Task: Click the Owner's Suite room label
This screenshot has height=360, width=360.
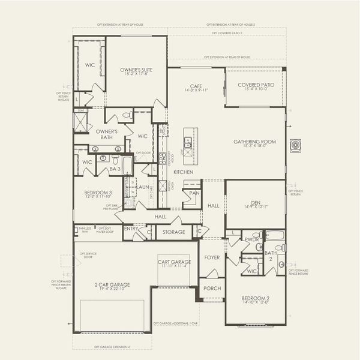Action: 136,70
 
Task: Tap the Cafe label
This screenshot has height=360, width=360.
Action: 196,87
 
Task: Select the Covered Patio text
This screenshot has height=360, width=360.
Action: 256,85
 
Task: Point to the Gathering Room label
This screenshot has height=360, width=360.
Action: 254,142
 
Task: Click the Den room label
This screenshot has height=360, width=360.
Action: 256,203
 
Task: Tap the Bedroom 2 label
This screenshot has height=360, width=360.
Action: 256,298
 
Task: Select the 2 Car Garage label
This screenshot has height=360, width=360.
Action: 112,284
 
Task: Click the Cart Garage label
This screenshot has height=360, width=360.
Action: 175,262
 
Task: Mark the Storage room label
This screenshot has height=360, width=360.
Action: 174,231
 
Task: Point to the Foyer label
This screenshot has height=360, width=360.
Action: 212,257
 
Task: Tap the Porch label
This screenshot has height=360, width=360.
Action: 212,288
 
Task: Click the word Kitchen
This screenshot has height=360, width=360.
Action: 182,172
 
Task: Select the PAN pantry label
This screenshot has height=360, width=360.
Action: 194,193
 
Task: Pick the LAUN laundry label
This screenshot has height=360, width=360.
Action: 143,187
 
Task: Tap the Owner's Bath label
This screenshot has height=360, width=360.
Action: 106,134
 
